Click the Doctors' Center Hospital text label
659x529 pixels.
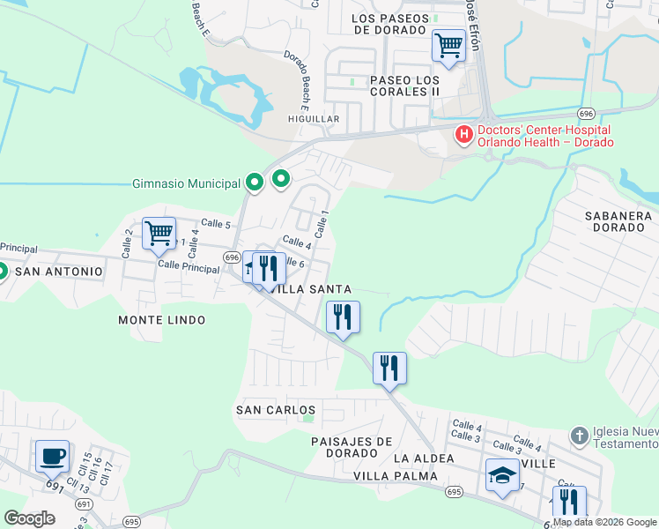coord(544,136)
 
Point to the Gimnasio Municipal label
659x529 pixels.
coord(185,183)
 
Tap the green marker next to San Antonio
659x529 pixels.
coord(2,271)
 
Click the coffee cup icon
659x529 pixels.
coord(52,457)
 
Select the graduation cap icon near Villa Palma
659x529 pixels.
coord(502,476)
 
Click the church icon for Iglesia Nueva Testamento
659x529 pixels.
coord(579,436)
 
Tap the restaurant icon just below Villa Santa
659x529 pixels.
coord(343,317)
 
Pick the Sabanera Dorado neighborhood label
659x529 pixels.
coord(618,221)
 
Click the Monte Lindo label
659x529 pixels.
coord(161,320)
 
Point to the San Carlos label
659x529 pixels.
coord(275,410)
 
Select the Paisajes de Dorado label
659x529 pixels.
coord(352,447)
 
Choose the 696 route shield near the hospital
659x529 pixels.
coord(587,114)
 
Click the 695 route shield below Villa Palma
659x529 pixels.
coord(454,492)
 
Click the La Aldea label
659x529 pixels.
coord(424,458)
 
